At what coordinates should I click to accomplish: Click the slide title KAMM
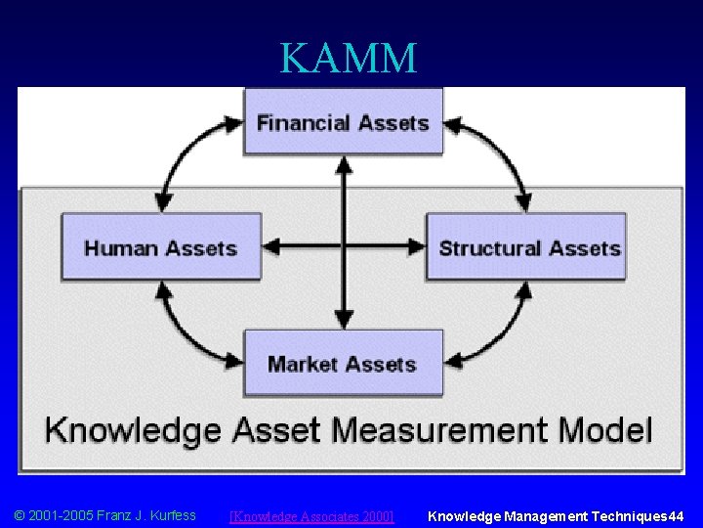coord(349,58)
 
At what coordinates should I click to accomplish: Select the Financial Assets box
coord(343,122)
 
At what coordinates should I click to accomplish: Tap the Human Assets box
coord(161,247)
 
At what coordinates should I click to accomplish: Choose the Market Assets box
coord(343,364)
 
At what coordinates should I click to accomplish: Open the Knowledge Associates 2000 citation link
coord(310,516)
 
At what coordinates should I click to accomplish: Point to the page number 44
coord(677,515)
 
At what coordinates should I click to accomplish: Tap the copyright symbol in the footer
coord(19,515)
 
